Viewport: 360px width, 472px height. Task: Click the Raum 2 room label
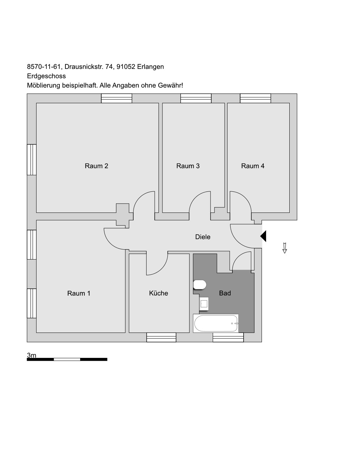pos(96,166)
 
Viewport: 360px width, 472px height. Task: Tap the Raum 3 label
pos(188,166)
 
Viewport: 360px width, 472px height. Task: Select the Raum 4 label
pos(253,166)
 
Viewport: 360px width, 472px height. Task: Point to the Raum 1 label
pos(79,293)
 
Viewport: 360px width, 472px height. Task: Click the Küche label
pos(159,293)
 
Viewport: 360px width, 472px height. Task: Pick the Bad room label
pos(225,293)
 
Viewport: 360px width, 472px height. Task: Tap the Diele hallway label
pos(203,237)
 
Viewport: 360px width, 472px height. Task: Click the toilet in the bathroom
pos(200,285)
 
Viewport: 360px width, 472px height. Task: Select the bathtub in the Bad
pos(216,323)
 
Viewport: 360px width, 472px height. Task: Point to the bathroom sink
pos(204,304)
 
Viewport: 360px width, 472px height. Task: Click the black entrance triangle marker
pos(263,236)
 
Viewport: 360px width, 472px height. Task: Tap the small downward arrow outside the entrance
pos(285,248)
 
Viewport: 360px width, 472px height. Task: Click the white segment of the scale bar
pos(67,359)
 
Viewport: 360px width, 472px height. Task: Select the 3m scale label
pos(31,355)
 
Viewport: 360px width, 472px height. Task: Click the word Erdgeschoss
pos(46,76)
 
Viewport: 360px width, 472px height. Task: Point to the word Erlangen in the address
pos(150,67)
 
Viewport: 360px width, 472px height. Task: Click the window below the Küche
pos(161,337)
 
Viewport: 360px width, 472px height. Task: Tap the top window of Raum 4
pos(256,98)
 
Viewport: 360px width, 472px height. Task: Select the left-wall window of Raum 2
pos(32,159)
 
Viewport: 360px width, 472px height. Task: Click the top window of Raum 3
pos(196,98)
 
